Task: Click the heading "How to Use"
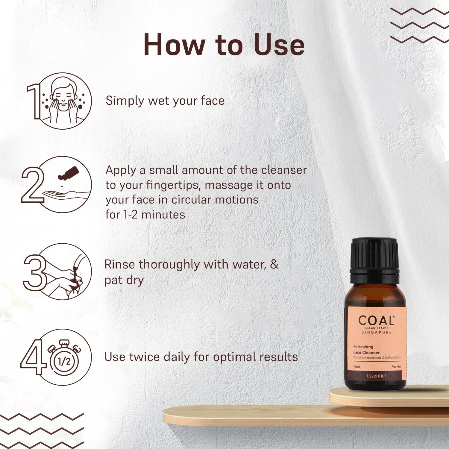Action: click(x=224, y=45)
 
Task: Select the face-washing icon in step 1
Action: click(x=63, y=101)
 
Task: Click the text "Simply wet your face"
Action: click(x=165, y=101)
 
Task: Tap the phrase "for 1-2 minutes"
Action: click(x=145, y=215)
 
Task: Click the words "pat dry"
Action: click(x=124, y=280)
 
